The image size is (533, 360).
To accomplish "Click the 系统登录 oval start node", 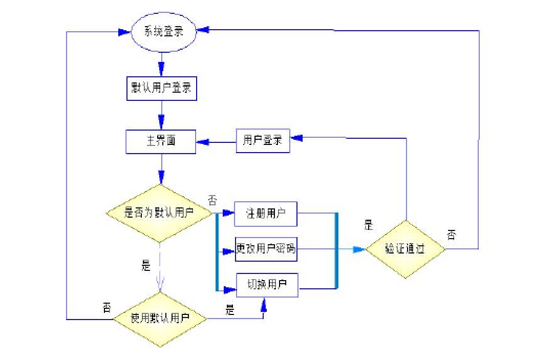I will pyautogui.click(x=164, y=32).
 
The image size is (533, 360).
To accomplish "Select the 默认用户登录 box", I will pyautogui.click(x=161, y=88).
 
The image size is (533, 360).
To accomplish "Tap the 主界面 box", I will pyautogui.click(x=161, y=141).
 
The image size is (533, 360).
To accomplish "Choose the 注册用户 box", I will pyautogui.click(x=266, y=213).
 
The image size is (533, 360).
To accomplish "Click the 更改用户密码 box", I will pyautogui.click(x=266, y=250).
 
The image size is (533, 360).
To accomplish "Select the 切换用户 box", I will pyautogui.click(x=267, y=285).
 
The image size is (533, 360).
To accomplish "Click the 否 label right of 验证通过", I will pyautogui.click(x=451, y=235).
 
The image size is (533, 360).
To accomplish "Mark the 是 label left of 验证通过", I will pyautogui.click(x=368, y=224).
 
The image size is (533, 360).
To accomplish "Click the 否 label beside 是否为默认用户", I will pyautogui.click(x=212, y=199).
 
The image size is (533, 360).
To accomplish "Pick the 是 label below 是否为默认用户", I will pyautogui.click(x=146, y=266).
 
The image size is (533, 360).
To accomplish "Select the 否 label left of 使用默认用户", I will pyautogui.click(x=106, y=307).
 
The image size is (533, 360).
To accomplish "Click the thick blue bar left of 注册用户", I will pyautogui.click(x=217, y=251).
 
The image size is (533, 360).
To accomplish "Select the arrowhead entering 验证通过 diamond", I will pyautogui.click(x=359, y=249).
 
